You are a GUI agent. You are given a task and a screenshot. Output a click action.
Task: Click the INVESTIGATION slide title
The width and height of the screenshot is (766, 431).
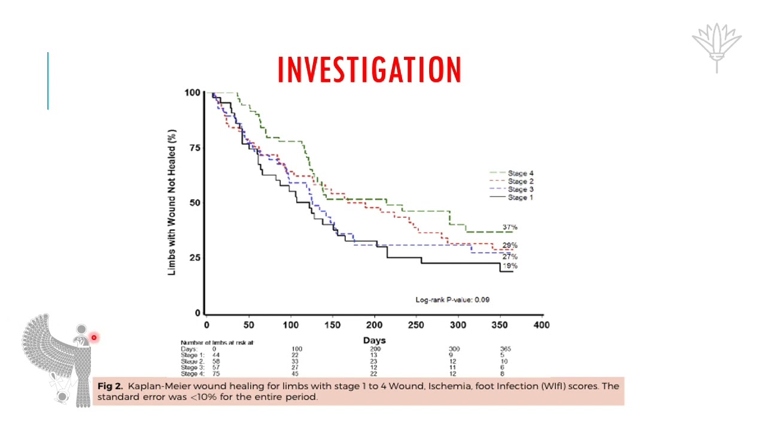click(369, 69)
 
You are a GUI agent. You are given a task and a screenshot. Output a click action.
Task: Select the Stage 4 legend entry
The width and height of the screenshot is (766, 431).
click(520, 174)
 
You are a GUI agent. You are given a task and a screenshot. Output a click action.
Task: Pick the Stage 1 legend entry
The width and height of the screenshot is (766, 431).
click(520, 198)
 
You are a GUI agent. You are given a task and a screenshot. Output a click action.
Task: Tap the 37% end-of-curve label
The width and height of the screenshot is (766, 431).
click(510, 227)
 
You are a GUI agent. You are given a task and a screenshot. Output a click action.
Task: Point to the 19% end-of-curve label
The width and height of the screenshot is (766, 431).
click(510, 266)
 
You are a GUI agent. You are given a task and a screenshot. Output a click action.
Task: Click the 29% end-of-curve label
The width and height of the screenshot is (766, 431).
click(510, 245)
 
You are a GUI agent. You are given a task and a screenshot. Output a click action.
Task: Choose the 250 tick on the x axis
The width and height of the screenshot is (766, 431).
click(416, 325)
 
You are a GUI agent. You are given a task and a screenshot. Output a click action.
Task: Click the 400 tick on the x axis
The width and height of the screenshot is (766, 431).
click(542, 325)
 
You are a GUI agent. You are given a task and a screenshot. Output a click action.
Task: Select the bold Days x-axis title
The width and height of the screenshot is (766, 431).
click(374, 340)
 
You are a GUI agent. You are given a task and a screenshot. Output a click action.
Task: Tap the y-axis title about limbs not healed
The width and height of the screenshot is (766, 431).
click(172, 202)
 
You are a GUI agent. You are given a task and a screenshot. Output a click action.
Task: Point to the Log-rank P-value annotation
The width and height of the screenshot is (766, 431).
click(452, 300)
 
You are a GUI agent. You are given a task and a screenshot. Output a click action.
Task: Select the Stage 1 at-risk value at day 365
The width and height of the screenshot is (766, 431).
click(503, 355)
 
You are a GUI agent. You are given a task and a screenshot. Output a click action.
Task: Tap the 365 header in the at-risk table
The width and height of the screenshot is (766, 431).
click(506, 349)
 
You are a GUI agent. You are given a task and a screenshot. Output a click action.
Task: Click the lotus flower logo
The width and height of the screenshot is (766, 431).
click(716, 47)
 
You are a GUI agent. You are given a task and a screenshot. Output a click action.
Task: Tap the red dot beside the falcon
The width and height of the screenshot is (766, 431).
click(94, 338)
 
